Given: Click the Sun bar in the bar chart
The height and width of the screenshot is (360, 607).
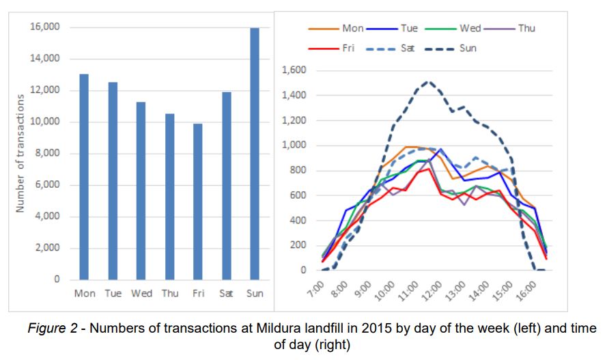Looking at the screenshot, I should pyautogui.click(x=254, y=154).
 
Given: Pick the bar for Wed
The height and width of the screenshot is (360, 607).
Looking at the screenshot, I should pyautogui.click(x=141, y=191).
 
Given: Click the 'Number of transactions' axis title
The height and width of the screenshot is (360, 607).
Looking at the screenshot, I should pyautogui.click(x=20, y=153).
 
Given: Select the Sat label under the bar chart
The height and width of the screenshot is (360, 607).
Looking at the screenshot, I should pyautogui.click(x=226, y=294).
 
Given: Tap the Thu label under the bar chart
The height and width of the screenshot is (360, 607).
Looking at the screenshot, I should pyautogui.click(x=169, y=294).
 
